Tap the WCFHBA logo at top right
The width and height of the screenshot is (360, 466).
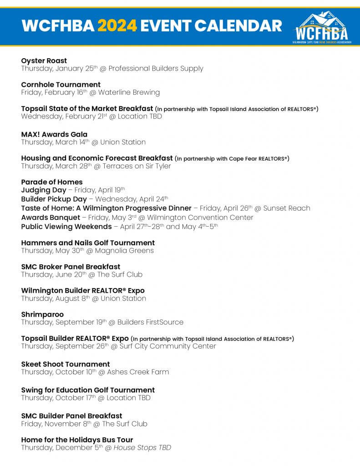point(321,27)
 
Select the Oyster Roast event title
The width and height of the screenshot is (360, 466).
point(44,61)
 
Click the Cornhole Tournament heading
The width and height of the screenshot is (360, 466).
point(61,85)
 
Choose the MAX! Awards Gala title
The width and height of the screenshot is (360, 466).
point(54,134)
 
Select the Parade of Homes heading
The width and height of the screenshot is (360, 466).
point(52,182)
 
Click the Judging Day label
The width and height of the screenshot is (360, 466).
point(43,190)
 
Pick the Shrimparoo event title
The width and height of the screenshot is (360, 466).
point(42,314)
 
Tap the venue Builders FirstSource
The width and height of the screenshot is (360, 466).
point(150,322)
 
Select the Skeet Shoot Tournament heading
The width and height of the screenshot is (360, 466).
point(66,364)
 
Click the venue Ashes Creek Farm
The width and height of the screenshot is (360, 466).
point(138,372)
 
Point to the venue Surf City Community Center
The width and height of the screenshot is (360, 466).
point(167,346)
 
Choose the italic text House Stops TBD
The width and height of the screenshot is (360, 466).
point(142,448)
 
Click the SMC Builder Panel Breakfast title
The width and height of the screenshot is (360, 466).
point(71,416)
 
